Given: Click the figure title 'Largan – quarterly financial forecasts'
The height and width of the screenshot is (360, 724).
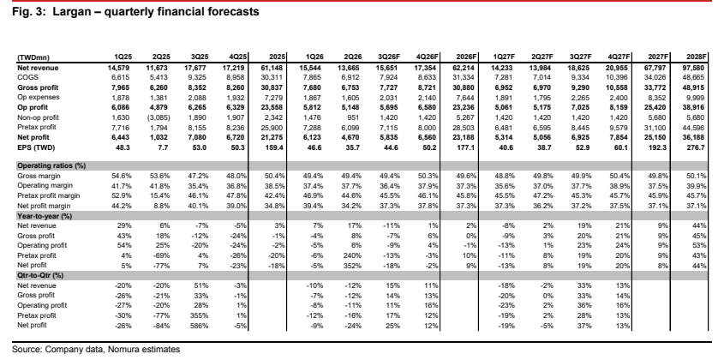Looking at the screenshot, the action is click(x=156, y=11).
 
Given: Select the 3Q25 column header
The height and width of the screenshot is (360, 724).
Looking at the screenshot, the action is click(x=200, y=57).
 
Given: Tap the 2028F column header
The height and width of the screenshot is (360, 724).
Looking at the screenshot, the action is click(x=697, y=57).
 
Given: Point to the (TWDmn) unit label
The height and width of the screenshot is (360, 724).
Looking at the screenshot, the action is click(x=33, y=57).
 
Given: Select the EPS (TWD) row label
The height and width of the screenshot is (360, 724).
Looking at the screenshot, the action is click(x=35, y=147).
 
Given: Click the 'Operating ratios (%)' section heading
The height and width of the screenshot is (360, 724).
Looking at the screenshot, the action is click(x=51, y=165).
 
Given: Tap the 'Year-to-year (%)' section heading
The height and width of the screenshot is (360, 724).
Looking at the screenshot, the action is click(x=45, y=216).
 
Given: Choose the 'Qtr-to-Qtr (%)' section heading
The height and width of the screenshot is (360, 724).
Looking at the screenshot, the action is click(x=40, y=275).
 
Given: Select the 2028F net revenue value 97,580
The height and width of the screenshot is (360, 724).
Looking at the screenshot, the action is click(x=697, y=68).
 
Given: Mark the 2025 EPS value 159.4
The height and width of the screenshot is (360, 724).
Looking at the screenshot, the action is click(x=275, y=147).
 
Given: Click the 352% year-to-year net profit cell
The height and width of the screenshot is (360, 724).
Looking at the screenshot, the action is click(x=354, y=266).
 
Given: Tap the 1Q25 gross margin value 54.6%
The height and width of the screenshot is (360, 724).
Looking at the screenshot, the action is click(x=123, y=176).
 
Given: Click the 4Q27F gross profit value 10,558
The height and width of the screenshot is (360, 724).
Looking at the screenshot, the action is click(x=619, y=87).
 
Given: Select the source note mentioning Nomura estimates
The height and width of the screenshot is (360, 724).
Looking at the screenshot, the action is click(x=96, y=350).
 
